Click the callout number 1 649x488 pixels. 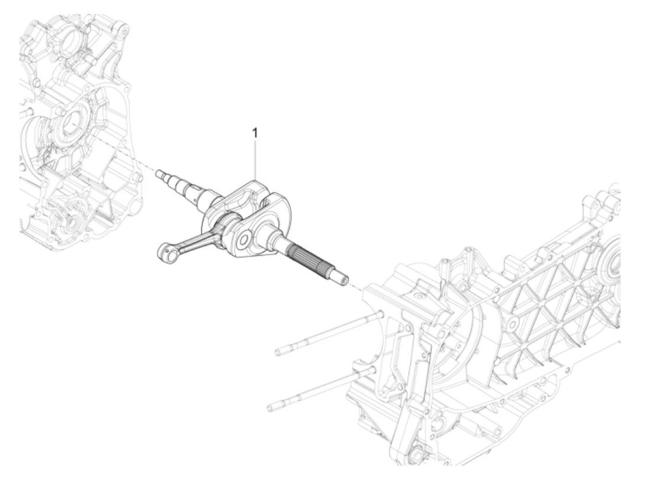pyautogui.click(x=255, y=133)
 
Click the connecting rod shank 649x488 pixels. pyautogui.click(x=195, y=241)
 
